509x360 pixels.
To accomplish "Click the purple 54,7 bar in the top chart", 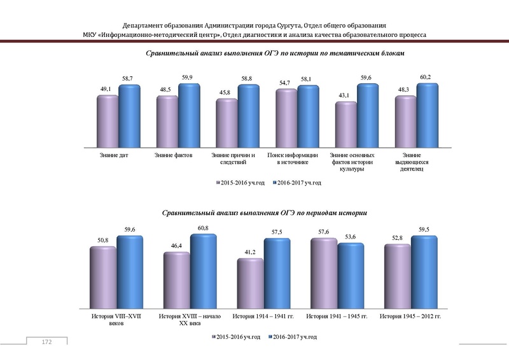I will click(287, 118).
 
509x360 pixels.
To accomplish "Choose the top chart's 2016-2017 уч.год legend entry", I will click(296, 183).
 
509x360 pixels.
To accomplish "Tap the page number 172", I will click(46, 343).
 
